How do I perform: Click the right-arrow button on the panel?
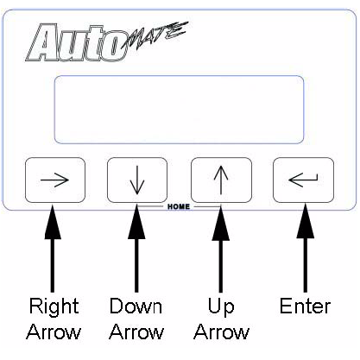(55, 180)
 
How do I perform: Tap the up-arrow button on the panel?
(221, 180)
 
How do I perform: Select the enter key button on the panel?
(303, 180)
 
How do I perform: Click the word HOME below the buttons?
(179, 206)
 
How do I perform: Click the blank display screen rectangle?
(179, 110)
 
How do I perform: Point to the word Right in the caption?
(54, 306)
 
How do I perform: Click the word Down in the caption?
(136, 306)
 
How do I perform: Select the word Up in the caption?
(221, 307)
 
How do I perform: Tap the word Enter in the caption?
(305, 306)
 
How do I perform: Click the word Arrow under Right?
(54, 332)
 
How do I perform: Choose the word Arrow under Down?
(136, 332)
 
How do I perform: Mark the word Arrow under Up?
(221, 332)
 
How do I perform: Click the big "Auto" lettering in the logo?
(77, 43)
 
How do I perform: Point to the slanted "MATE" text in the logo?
(155, 36)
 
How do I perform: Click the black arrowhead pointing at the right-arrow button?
(53, 222)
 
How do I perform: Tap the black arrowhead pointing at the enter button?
(305, 221)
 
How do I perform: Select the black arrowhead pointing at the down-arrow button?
(136, 222)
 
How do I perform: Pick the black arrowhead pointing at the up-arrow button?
(221, 223)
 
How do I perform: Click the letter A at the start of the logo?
(41, 43)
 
